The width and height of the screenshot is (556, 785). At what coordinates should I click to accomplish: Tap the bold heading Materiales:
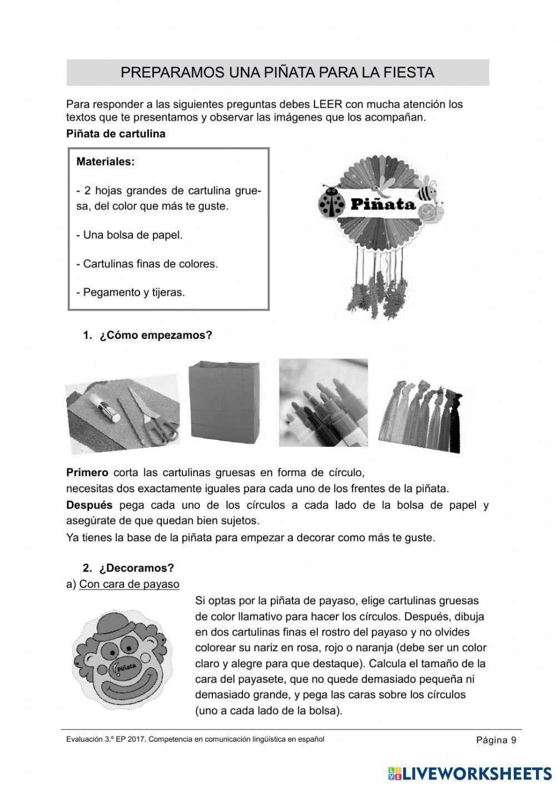point(105,162)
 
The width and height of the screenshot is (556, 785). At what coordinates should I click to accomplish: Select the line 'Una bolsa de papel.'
point(130,235)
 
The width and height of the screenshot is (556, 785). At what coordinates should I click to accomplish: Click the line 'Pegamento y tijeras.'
point(131,292)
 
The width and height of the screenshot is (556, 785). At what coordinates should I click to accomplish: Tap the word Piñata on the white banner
point(383,204)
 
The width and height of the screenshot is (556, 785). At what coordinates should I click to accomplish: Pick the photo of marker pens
point(323,403)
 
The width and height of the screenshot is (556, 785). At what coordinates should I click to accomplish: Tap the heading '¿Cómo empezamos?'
point(156,336)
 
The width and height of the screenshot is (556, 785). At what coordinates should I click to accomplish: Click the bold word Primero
point(87,473)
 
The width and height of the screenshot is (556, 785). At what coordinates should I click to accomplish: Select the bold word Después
point(89,506)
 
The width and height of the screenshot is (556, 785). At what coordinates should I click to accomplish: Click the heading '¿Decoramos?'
point(136,568)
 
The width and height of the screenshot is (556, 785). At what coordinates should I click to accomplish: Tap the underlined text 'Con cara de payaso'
point(129,584)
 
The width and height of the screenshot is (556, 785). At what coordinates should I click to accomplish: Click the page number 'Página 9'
point(496,740)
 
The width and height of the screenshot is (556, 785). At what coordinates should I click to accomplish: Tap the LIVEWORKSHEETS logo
point(469,773)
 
